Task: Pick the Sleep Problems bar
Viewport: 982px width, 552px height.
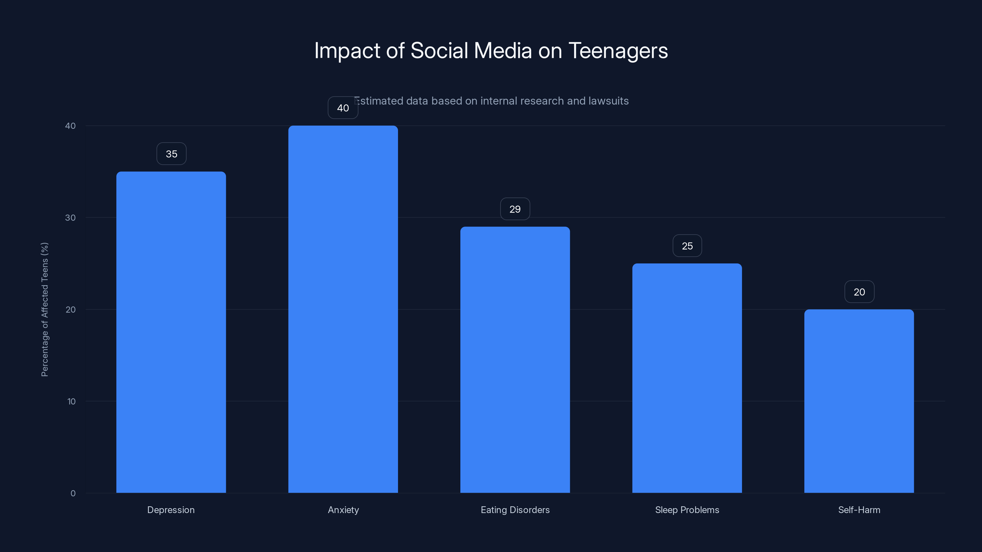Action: (x=687, y=378)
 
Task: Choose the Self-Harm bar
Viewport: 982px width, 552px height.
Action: (x=859, y=401)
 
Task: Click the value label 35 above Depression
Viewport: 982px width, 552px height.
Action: (x=171, y=154)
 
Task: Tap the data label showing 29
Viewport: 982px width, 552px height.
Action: (x=515, y=209)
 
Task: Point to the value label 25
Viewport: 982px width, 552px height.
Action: (x=687, y=246)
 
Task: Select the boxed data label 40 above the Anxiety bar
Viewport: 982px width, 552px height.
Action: (x=343, y=108)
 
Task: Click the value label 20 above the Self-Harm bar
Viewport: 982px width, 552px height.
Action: (x=859, y=292)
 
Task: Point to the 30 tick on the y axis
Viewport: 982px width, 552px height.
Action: (x=70, y=217)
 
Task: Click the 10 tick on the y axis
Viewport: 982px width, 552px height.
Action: (x=71, y=401)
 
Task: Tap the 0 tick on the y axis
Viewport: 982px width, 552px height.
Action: (x=73, y=493)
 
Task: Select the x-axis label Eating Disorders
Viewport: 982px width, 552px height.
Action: (x=515, y=510)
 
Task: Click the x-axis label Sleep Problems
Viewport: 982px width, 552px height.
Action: (x=687, y=510)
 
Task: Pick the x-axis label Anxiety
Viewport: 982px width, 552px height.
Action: (x=343, y=510)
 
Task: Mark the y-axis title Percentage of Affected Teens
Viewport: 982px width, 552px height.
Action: (x=44, y=309)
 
